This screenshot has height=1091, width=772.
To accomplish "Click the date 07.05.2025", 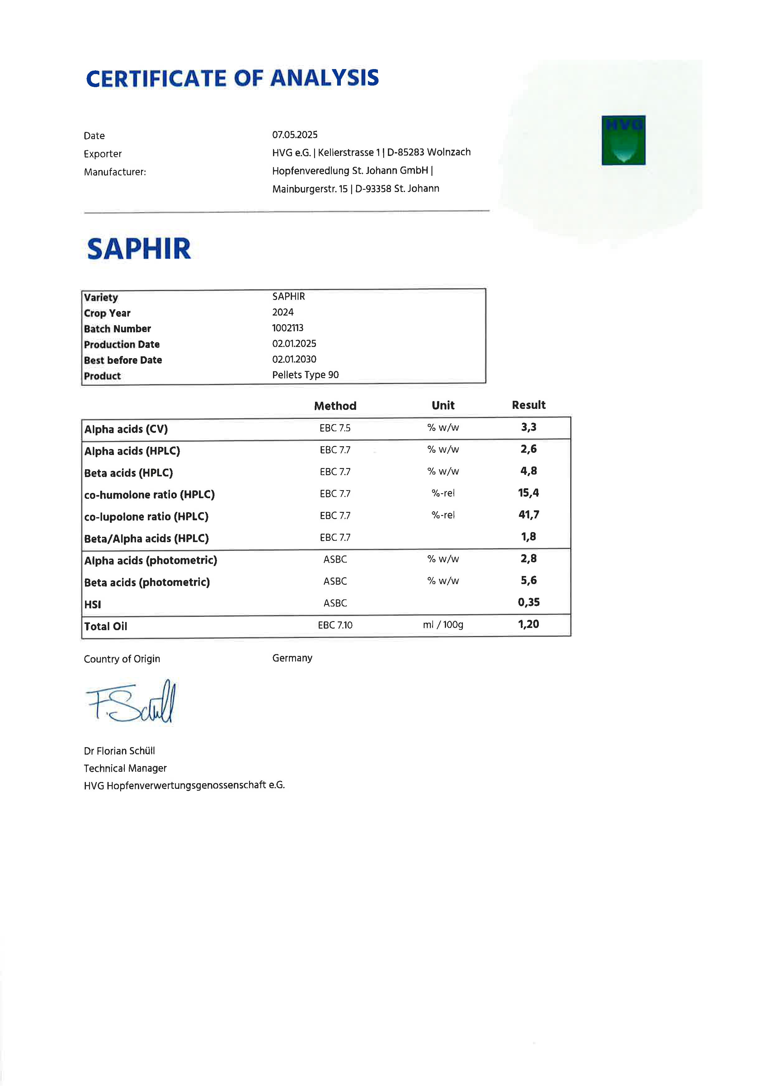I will [295, 135].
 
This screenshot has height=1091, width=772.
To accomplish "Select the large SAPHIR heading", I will [139, 249].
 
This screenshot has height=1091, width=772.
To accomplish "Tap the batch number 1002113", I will [288, 328].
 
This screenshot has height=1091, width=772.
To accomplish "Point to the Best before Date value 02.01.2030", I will [294, 359].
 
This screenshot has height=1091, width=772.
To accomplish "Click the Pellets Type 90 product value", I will [305, 375].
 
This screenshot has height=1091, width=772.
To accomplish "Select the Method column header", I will [335, 406].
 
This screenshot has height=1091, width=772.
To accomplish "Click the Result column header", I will [529, 405].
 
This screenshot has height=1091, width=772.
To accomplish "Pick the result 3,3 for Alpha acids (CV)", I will [529, 427].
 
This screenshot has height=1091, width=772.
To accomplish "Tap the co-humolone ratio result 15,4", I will [529, 493].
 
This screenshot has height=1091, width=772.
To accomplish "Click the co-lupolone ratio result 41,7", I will [529, 515].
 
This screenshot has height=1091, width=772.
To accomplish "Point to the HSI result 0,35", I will [529, 602].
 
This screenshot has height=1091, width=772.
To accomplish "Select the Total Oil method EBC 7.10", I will [335, 625].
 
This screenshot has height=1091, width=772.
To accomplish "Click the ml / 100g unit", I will [443, 625].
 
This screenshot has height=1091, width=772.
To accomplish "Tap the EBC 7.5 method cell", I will [335, 428].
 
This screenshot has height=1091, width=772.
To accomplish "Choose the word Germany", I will [292, 658].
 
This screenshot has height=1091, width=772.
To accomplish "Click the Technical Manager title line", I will [125, 768].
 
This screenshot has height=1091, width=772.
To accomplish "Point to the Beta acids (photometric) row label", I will [147, 583].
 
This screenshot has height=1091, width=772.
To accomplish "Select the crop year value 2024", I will [283, 312].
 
